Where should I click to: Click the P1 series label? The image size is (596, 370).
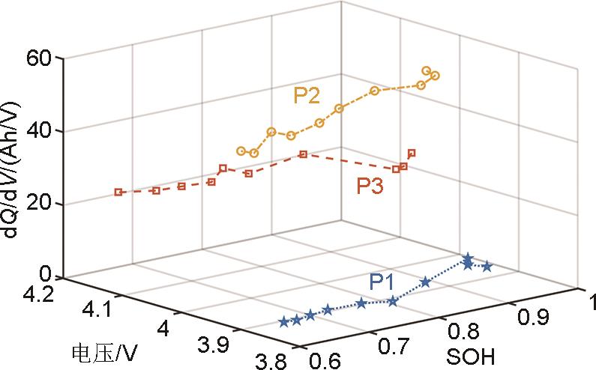click(385, 282)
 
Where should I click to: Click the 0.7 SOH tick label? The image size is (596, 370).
click(392, 347)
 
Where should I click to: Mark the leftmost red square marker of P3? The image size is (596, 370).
click(118, 192)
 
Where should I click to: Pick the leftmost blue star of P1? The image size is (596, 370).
click(283, 322)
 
